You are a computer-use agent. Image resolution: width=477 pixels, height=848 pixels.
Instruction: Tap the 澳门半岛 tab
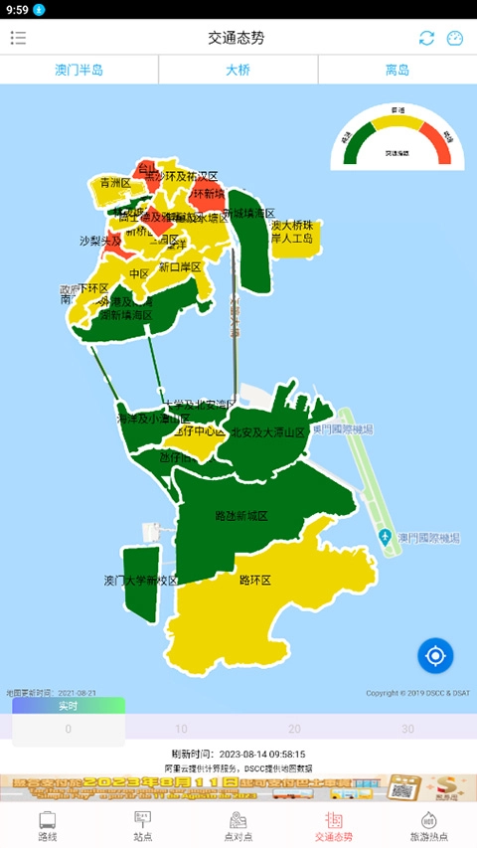tap(79, 71)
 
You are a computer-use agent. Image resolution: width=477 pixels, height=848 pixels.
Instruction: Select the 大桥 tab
tap(238, 71)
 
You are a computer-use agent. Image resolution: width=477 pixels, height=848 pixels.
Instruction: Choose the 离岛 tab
tap(397, 71)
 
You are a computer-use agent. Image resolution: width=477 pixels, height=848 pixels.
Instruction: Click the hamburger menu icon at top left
tap(19, 38)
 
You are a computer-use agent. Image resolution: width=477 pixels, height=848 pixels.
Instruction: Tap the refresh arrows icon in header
tap(426, 38)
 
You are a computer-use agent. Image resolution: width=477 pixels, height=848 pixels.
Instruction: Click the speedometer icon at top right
tap(455, 38)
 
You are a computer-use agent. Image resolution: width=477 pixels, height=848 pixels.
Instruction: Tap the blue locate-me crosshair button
tap(435, 655)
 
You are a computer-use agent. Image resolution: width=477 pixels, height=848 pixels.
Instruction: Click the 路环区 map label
tap(255, 580)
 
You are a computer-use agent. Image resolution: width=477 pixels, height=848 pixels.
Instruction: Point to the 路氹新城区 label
tap(241, 517)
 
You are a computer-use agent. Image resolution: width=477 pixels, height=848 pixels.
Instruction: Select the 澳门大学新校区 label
tap(140, 580)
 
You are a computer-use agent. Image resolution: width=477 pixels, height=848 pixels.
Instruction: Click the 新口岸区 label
tap(180, 266)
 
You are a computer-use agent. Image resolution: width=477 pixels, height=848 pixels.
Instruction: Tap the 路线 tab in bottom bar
tap(48, 825)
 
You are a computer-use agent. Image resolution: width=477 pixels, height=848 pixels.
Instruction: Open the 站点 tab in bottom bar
tap(143, 825)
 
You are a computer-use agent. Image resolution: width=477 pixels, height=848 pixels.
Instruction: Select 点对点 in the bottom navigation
tap(238, 825)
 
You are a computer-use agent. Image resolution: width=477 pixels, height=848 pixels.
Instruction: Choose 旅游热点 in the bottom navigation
tap(429, 825)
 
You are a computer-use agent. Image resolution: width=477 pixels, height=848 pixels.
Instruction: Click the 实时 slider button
tap(69, 706)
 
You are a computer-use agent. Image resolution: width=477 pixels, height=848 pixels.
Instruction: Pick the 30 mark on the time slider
tap(407, 729)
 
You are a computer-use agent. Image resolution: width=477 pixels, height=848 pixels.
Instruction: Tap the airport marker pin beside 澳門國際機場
tap(386, 537)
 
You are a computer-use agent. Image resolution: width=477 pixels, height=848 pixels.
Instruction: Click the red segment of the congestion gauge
tap(439, 140)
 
